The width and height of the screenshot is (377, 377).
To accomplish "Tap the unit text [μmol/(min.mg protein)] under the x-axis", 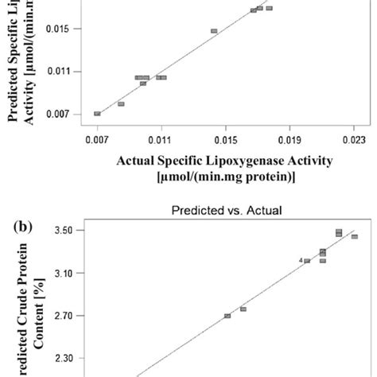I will (x=226, y=176).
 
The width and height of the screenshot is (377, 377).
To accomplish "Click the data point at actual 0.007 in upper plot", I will (x=97, y=114).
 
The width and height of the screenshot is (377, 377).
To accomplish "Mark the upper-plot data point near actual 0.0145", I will (x=214, y=31).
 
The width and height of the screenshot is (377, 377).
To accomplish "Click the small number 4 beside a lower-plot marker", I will (x=301, y=260).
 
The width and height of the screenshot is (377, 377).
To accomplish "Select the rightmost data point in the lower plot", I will (x=354, y=236).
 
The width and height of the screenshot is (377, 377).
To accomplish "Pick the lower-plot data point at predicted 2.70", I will (x=227, y=316).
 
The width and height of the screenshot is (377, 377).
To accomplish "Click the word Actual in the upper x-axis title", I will (x=136, y=161).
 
